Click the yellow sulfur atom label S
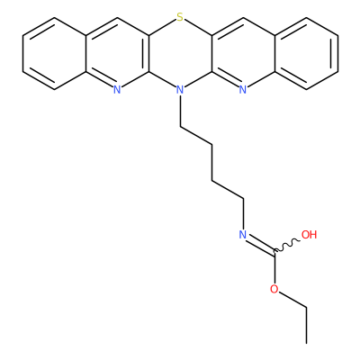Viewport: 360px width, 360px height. coord(180,17)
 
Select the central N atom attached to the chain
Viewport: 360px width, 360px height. coord(180,89)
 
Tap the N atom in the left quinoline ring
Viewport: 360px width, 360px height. coord(117,89)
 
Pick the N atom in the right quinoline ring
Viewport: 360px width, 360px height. coord(243,89)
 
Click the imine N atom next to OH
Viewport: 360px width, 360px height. coord(243,234)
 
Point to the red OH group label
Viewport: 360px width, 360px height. coord(309,234)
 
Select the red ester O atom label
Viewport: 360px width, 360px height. coord(274,289)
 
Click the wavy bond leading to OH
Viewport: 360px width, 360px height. coord(287,245)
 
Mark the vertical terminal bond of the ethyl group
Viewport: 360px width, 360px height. coord(306,325)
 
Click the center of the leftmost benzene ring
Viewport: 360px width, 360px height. coord(54,53)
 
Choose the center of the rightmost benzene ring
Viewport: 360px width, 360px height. coord(306,53)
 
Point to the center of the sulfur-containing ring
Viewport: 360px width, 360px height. coord(180,53)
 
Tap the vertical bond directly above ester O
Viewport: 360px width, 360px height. coord(274,267)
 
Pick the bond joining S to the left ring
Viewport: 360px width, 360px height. coord(162,28)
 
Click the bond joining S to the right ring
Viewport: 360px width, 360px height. coord(198,28)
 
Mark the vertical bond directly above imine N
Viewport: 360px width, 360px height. coord(243,213)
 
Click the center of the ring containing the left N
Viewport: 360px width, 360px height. coord(117,53)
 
